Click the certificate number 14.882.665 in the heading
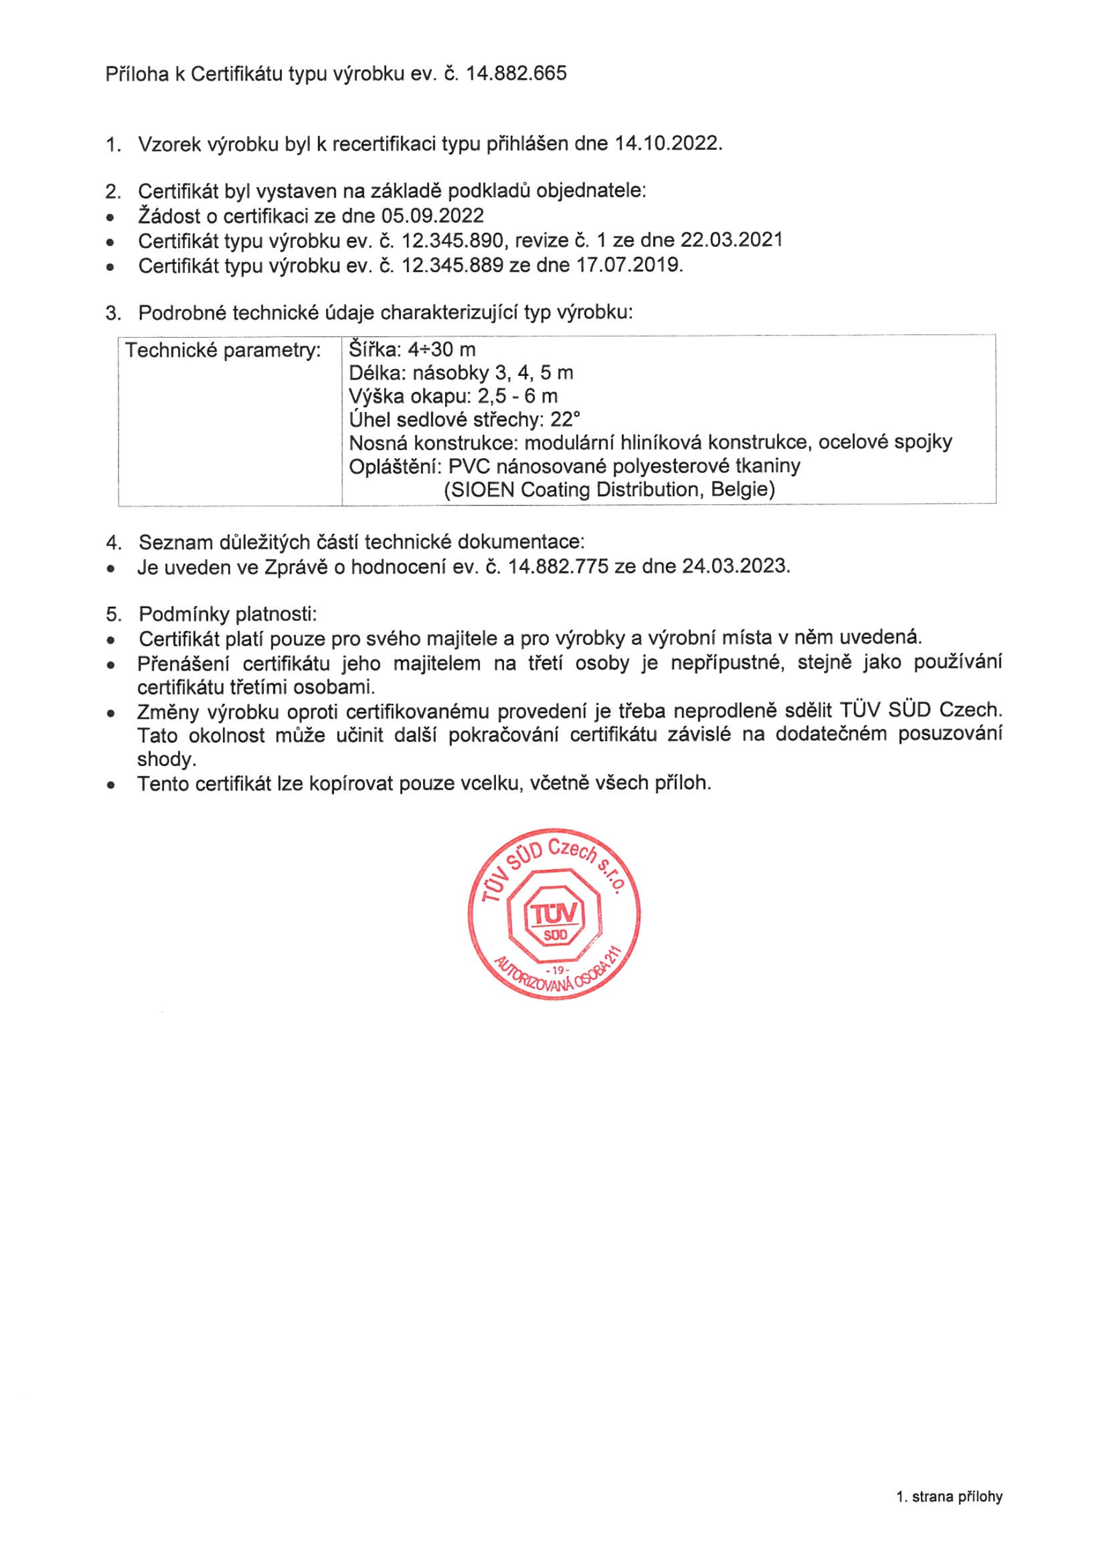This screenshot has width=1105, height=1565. tap(516, 74)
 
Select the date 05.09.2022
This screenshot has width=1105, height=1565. tap(432, 216)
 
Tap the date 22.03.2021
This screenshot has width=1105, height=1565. tap(731, 241)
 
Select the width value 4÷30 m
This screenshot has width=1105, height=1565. tap(441, 350)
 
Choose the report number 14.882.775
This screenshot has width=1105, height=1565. tap(558, 566)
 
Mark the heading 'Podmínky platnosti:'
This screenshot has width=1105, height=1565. tap(228, 614)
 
